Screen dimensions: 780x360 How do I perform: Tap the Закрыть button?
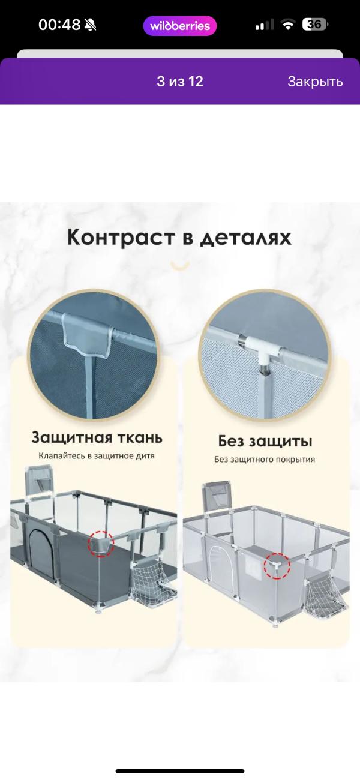tap(314, 82)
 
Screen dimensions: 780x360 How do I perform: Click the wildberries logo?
tap(180, 26)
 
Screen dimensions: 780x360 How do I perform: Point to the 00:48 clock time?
tap(59, 25)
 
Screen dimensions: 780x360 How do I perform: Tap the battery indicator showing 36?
tap(314, 25)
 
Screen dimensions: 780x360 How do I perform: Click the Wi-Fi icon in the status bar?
tap(288, 25)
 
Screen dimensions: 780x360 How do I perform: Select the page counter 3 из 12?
tap(180, 82)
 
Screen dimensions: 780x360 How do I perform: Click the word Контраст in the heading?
tap(121, 237)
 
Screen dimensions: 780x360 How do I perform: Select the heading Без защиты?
tap(265, 442)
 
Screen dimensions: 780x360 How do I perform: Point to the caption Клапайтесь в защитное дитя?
tap(97, 455)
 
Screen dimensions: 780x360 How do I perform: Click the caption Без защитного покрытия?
tap(265, 460)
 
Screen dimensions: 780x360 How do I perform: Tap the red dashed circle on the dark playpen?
tap(101, 544)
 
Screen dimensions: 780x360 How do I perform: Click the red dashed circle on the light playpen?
tap(277, 566)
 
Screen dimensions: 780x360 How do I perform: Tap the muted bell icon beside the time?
tap(90, 25)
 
